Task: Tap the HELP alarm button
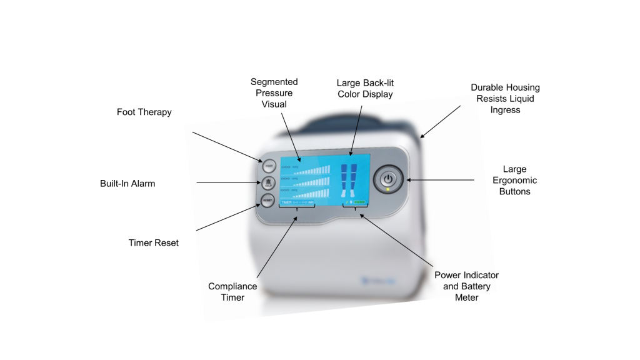pyautogui.click(x=267, y=184)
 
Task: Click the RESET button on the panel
pyautogui.click(x=267, y=201)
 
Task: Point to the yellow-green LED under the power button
pyautogui.click(x=388, y=189)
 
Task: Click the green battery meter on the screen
pyautogui.click(x=360, y=202)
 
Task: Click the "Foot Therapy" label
pyautogui.click(x=144, y=112)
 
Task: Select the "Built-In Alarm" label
pyautogui.click(x=127, y=184)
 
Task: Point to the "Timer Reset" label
pyautogui.click(x=153, y=242)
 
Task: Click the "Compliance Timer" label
pyautogui.click(x=232, y=291)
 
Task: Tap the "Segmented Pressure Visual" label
pyautogui.click(x=274, y=93)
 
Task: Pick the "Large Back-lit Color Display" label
pyautogui.click(x=365, y=89)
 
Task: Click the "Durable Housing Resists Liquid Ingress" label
pyautogui.click(x=505, y=99)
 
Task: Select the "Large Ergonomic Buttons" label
pyautogui.click(x=514, y=180)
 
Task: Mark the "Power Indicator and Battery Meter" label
pyautogui.click(x=466, y=286)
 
